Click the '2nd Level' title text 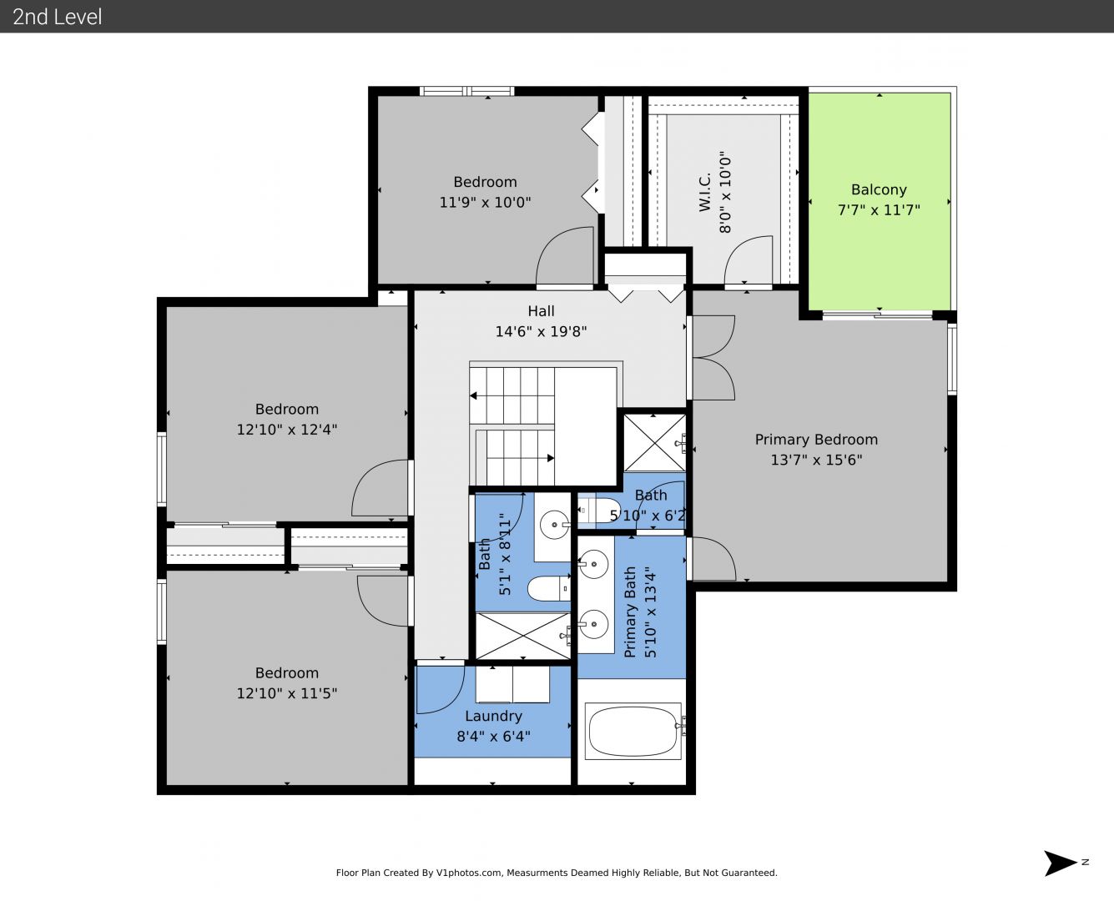[x=57, y=17]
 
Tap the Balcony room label [x=879, y=190]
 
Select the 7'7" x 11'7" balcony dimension [x=879, y=210]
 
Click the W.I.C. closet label [x=705, y=192]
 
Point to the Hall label [x=541, y=311]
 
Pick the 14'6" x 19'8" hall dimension [x=541, y=331]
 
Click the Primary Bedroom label [x=816, y=440]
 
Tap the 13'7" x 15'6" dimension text [x=816, y=461]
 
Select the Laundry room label [x=493, y=717]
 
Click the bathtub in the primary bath [x=633, y=731]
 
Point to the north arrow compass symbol [x=1061, y=863]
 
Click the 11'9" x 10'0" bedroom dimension [x=485, y=203]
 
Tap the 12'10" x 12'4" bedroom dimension [x=286, y=430]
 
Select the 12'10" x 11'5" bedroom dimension [x=286, y=693]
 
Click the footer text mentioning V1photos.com [x=557, y=873]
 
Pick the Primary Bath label [x=630, y=612]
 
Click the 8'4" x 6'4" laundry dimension [x=493, y=737]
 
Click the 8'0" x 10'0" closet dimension [x=725, y=192]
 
